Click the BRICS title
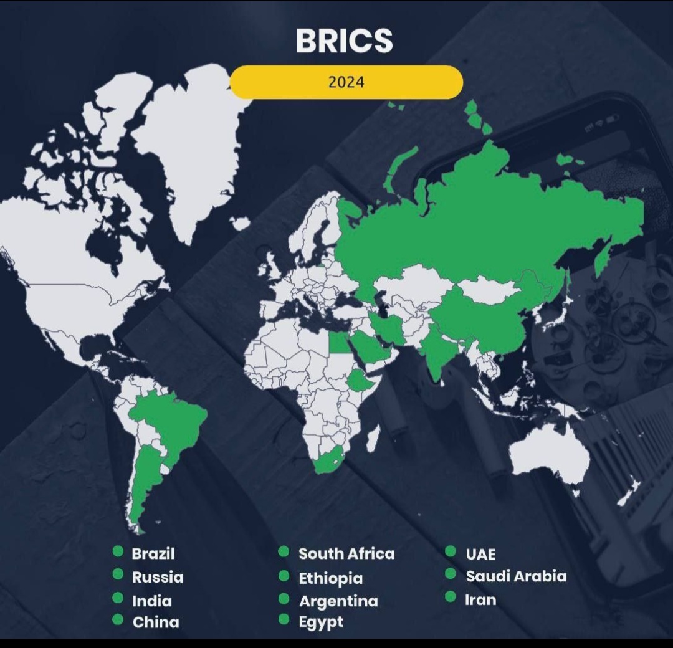344,40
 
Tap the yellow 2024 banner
346,82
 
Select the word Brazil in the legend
153,553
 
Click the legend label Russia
158,577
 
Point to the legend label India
151,601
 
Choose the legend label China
156,622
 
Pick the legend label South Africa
346,553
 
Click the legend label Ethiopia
330,578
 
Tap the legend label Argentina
338,601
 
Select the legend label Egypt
321,622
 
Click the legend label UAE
480,554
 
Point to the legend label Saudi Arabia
516,576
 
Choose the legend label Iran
480,599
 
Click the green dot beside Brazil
118,551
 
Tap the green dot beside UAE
451,551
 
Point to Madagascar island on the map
373,439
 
